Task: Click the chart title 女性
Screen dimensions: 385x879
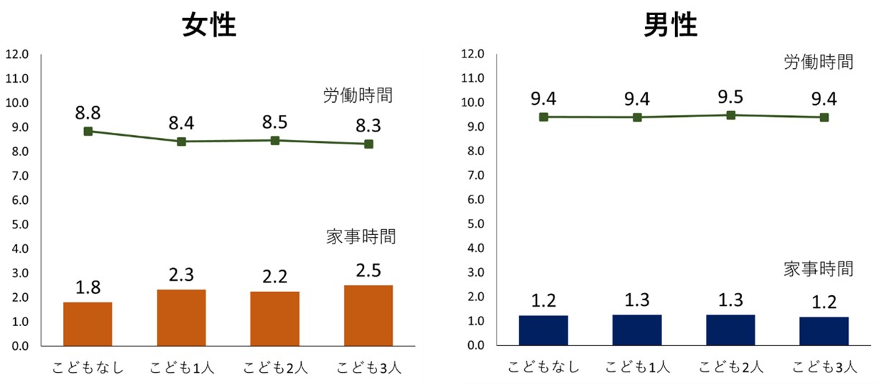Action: [209, 26]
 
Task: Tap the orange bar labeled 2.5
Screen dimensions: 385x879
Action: [368, 315]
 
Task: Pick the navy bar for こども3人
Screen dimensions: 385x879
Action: [824, 331]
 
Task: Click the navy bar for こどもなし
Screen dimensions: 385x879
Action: [544, 330]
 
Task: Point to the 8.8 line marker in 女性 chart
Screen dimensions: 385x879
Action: [88, 131]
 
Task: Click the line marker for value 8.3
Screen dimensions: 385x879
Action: [368, 144]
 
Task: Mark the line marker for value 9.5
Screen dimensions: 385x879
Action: [731, 115]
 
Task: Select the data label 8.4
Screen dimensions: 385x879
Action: [181, 124]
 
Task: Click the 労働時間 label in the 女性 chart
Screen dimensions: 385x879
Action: [358, 95]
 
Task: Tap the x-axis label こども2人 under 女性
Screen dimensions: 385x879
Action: [275, 368]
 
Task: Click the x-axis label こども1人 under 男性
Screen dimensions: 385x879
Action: [637, 368]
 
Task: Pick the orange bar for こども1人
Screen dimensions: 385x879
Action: [181, 317]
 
